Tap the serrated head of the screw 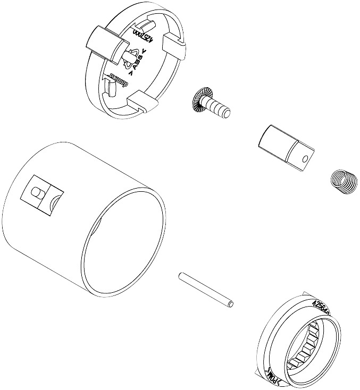[x=199, y=98]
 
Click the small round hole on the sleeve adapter [x=305, y=158]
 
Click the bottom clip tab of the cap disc [x=141, y=100]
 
